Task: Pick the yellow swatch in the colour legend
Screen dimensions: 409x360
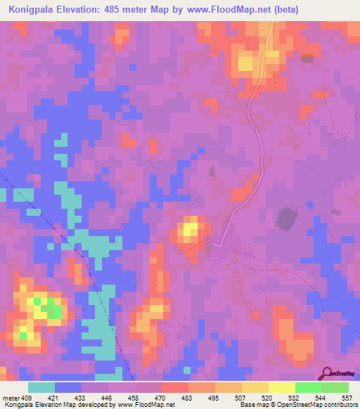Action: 281,387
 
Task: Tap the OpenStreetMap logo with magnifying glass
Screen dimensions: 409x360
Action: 337,374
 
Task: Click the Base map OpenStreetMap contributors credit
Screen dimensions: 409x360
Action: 297,405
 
